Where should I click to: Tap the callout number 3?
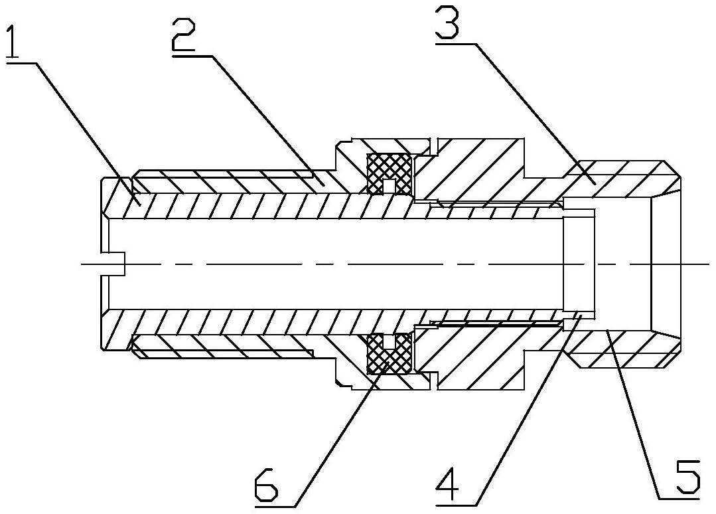(453, 23)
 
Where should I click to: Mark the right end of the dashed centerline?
(707, 264)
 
